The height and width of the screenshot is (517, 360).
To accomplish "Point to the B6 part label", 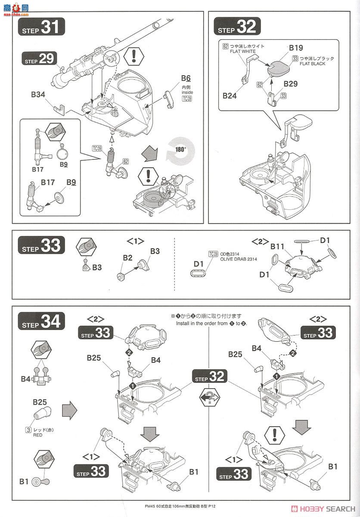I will click(186, 78).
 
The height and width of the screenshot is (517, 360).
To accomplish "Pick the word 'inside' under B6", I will click(187, 92).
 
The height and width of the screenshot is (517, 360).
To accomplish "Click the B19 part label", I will click(296, 48).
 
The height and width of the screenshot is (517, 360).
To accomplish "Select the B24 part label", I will click(230, 96).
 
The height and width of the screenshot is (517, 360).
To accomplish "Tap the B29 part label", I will click(290, 84).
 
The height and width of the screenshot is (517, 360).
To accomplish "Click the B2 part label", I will click(127, 258).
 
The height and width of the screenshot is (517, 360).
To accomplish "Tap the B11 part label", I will click(278, 246).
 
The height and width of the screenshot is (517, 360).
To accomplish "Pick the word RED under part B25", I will click(38, 435).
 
